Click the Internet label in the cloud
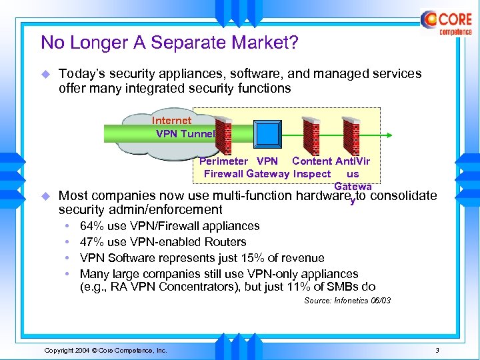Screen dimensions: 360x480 click(x=171, y=121)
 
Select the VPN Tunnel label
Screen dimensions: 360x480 click(x=185, y=133)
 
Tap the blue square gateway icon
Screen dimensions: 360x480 click(x=268, y=135)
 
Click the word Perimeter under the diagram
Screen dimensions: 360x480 click(x=223, y=161)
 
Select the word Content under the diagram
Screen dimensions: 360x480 click(x=312, y=161)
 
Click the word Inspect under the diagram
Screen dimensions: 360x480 click(x=311, y=174)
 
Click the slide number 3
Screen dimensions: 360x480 click(x=437, y=350)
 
